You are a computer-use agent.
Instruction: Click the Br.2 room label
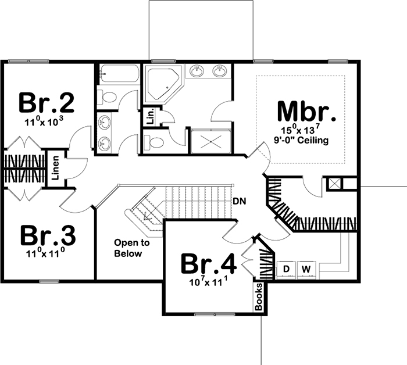[47, 102]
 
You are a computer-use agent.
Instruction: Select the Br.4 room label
[208, 263]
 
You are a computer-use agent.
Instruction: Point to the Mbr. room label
[306, 110]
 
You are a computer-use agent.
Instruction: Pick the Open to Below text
[131, 248]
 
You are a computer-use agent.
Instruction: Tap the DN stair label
[239, 201]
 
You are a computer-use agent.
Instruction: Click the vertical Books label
[259, 296]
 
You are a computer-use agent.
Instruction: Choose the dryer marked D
[287, 268]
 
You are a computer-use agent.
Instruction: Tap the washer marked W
[307, 268]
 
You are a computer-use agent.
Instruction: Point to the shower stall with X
[210, 140]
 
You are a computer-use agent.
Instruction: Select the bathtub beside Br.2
[119, 74]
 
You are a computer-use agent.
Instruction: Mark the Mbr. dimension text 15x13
[306, 129]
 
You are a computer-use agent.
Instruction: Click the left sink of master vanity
[198, 72]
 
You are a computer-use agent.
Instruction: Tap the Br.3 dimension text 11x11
[47, 254]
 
